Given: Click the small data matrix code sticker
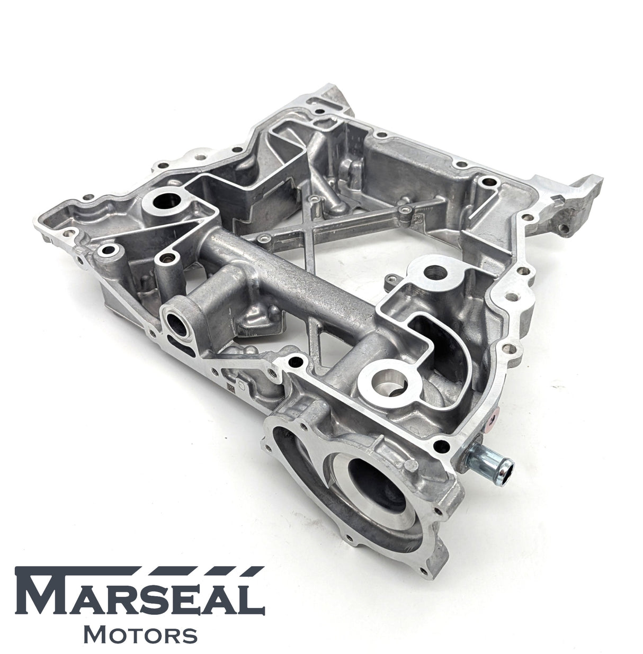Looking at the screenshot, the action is [231, 387].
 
